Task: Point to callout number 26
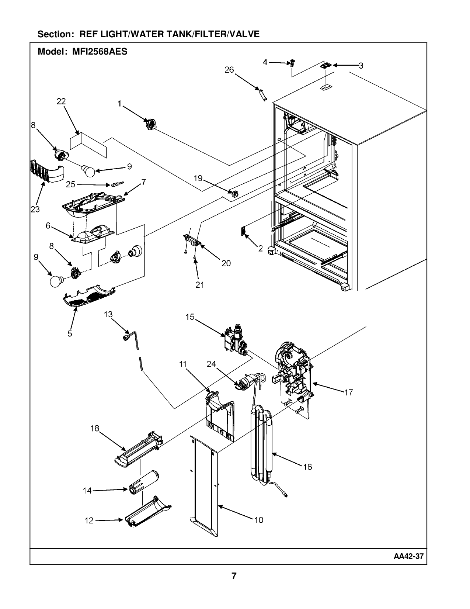click(x=229, y=70)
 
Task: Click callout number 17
click(x=349, y=392)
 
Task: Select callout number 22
click(x=61, y=101)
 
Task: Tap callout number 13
click(x=108, y=314)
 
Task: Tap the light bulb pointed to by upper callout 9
click(x=88, y=170)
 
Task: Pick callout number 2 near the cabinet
click(x=261, y=249)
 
